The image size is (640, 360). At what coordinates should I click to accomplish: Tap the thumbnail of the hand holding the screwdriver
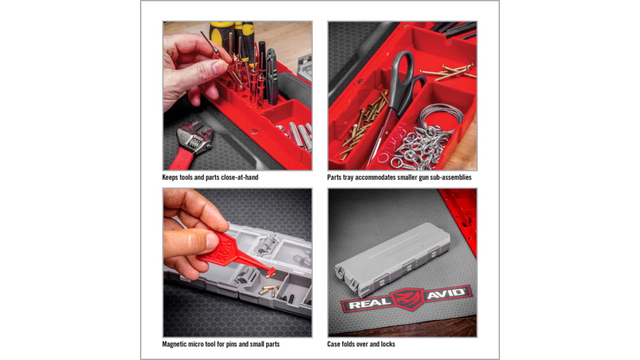tap(237, 96)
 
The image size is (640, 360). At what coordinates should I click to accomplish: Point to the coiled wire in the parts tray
tap(439, 118)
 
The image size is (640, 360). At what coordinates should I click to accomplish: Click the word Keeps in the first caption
tap(172, 177)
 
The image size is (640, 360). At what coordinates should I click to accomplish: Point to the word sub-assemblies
tap(449, 177)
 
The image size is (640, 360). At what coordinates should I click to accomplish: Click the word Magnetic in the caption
tap(177, 344)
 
